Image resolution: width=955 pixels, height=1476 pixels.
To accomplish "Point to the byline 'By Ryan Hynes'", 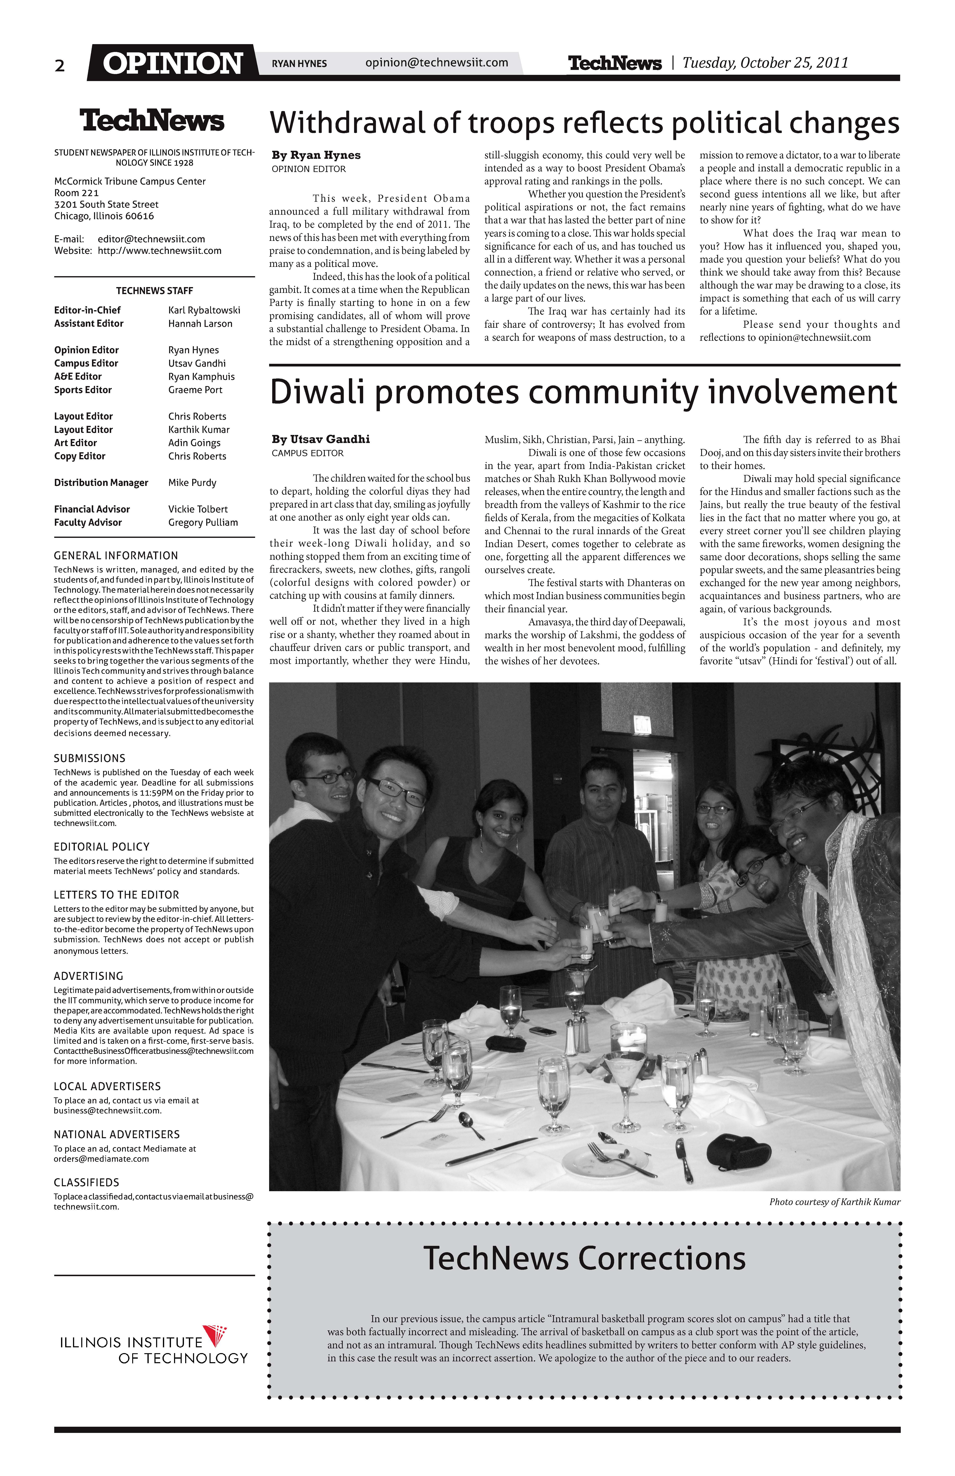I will click(316, 155).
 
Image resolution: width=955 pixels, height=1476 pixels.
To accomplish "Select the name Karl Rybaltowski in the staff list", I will click(204, 310).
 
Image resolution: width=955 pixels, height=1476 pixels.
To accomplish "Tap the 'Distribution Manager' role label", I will click(101, 483).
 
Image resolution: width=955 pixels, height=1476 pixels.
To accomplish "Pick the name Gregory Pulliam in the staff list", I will click(203, 522).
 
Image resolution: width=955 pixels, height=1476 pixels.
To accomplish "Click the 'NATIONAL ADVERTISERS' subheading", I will click(117, 1134).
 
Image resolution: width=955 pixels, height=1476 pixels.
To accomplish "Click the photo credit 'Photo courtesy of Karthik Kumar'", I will click(834, 1202).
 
